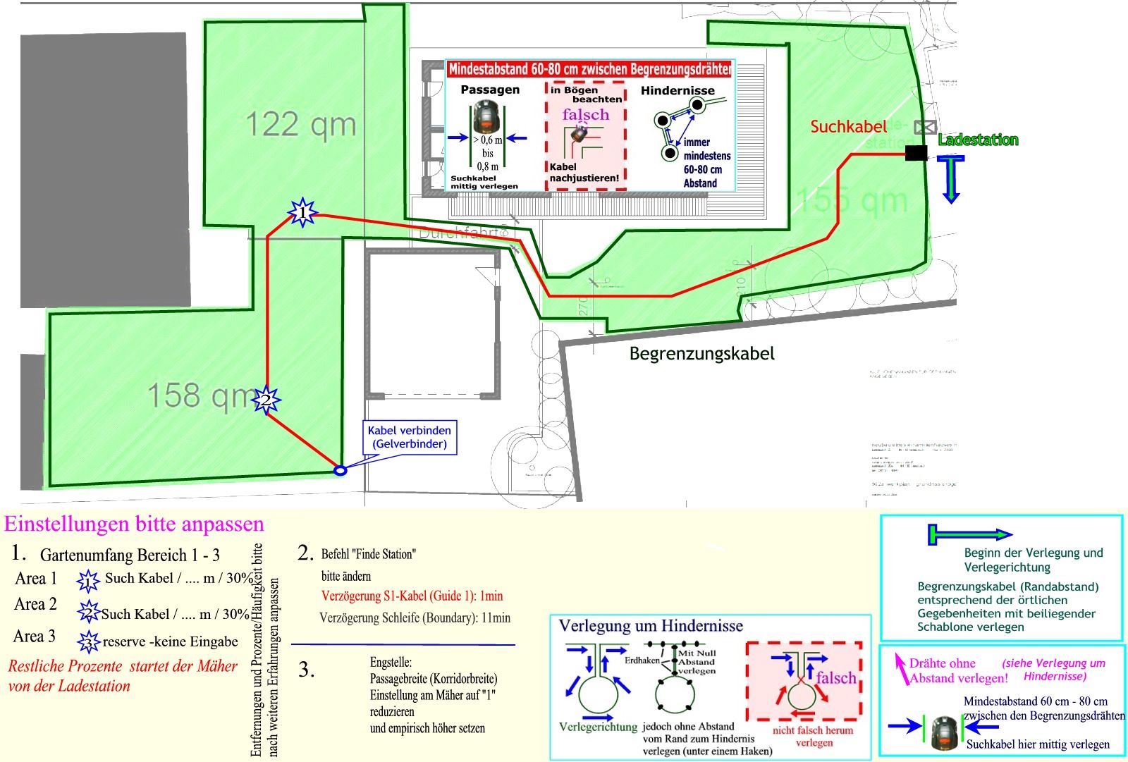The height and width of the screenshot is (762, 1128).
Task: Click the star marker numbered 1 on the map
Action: click(302, 211)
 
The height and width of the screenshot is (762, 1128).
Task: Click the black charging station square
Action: click(916, 152)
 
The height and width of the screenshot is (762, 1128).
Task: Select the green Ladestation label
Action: click(978, 140)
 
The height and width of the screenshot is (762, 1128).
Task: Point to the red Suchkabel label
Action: click(848, 127)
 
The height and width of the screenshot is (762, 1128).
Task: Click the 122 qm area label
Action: click(301, 125)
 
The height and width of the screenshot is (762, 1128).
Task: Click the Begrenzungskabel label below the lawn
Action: click(701, 353)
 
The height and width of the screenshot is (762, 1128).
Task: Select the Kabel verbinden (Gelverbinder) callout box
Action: click(409, 437)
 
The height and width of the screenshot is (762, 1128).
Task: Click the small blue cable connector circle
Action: click(340, 470)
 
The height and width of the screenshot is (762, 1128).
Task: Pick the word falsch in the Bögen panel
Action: click(585, 114)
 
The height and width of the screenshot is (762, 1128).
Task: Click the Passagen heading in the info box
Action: click(490, 90)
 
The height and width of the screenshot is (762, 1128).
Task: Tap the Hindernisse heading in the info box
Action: click(678, 90)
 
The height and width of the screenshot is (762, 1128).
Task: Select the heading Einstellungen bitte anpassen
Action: click(134, 524)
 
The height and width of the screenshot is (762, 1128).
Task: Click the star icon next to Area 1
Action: click(88, 581)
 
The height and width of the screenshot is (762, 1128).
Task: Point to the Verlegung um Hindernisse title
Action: click(651, 626)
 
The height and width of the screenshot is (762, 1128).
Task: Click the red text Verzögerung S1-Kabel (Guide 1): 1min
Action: click(412, 596)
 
